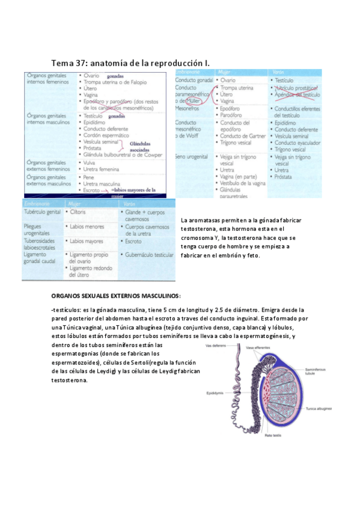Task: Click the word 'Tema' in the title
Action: pyautogui.click(x=62, y=63)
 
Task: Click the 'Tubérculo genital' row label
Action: pyautogui.click(x=41, y=213)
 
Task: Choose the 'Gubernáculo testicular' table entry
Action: pyautogui.click(x=147, y=255)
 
